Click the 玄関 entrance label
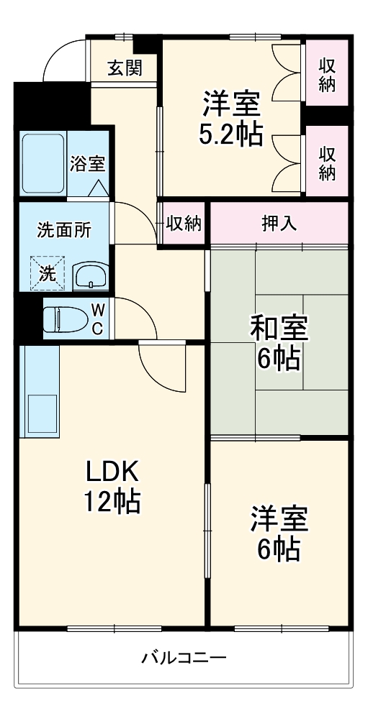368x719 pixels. [125, 68]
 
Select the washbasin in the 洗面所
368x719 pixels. [90, 274]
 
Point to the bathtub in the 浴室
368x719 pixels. [43, 164]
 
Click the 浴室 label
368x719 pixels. [87, 163]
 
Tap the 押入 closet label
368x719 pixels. [279, 223]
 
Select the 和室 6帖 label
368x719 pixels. [279, 342]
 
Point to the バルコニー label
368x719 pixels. [184, 657]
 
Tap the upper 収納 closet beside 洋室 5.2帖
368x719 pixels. [328, 74]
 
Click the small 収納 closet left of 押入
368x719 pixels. [183, 224]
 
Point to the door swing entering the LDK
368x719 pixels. [162, 367]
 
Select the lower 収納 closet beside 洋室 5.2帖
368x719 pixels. [328, 162]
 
